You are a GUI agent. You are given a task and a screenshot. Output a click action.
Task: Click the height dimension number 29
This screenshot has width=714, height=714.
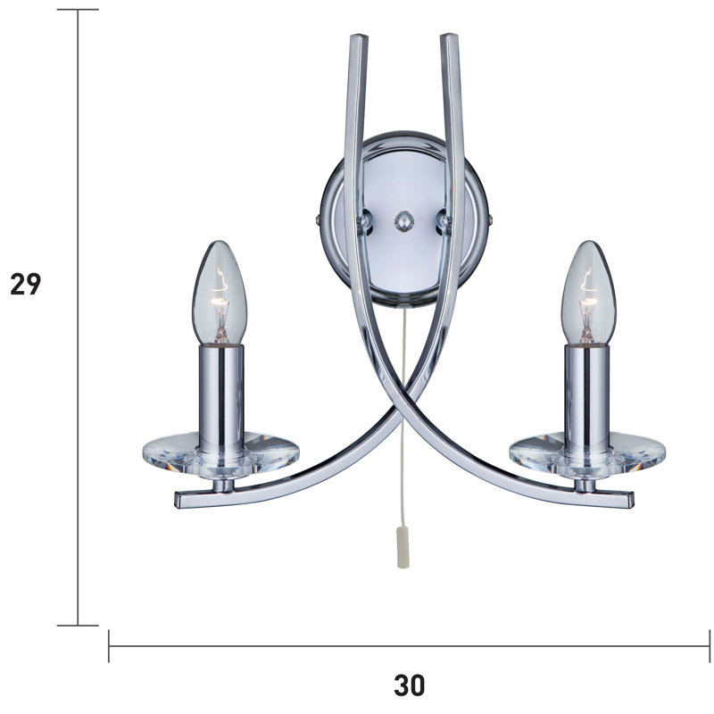pyautogui.click(x=26, y=284)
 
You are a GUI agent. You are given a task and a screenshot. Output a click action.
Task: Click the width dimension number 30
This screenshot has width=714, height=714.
pyautogui.click(x=409, y=685)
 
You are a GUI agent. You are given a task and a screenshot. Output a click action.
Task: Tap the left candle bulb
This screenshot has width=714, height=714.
pyautogui.click(x=220, y=292)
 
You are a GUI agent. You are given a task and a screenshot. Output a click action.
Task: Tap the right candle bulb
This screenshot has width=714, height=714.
pyautogui.click(x=588, y=292)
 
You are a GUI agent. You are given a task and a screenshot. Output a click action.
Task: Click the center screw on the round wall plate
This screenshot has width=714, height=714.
pyautogui.click(x=404, y=221)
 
